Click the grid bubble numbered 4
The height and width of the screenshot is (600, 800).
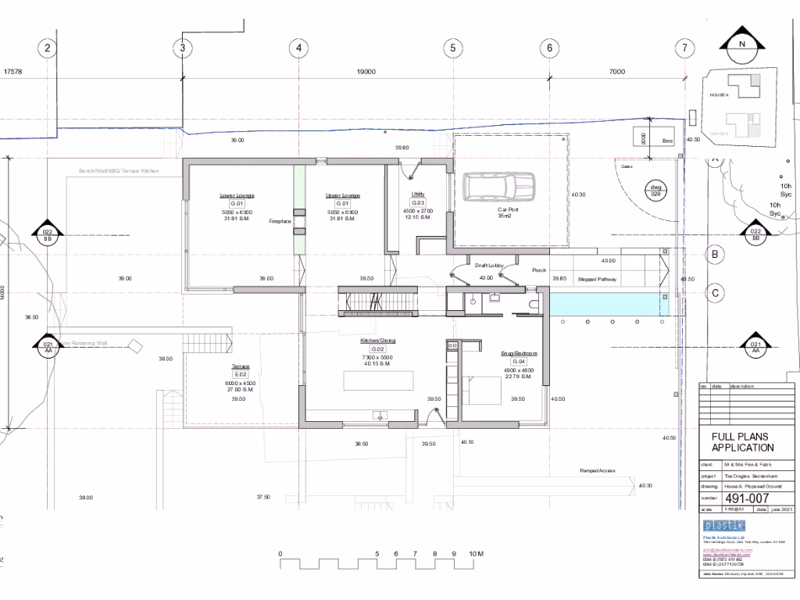click(x=298, y=48)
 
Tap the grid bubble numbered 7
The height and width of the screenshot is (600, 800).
click(x=685, y=48)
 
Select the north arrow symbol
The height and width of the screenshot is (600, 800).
click(x=741, y=45)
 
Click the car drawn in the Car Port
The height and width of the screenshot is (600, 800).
click(x=491, y=187)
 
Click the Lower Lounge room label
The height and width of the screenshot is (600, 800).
click(x=237, y=195)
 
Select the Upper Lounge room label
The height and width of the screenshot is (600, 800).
click(x=342, y=195)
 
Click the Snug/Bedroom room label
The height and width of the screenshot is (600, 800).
click(x=518, y=353)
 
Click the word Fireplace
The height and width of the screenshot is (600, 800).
click(x=280, y=221)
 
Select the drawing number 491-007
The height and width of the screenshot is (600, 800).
click(x=748, y=498)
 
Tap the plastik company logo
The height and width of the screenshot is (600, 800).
click(x=724, y=525)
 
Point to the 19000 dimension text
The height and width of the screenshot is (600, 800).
click(x=366, y=71)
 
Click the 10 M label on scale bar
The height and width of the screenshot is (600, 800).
click(x=476, y=554)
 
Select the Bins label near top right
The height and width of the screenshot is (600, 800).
click(x=666, y=141)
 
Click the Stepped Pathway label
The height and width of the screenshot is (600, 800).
click(x=597, y=279)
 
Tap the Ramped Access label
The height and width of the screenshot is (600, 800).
click(x=597, y=471)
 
